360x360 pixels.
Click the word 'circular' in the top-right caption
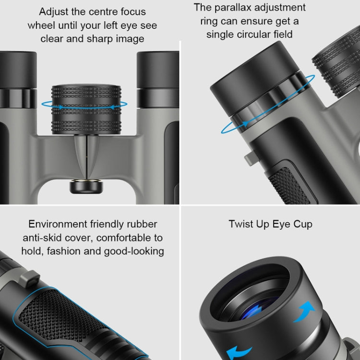tap(265, 35)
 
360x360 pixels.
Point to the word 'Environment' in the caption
tap(58, 224)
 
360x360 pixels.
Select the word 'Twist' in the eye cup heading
tap(242, 224)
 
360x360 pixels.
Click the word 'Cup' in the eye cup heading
tap(300, 224)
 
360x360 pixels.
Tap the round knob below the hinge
tap(86, 186)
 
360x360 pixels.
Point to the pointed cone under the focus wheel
tap(86, 154)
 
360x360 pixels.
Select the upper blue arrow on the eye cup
tap(304, 311)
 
